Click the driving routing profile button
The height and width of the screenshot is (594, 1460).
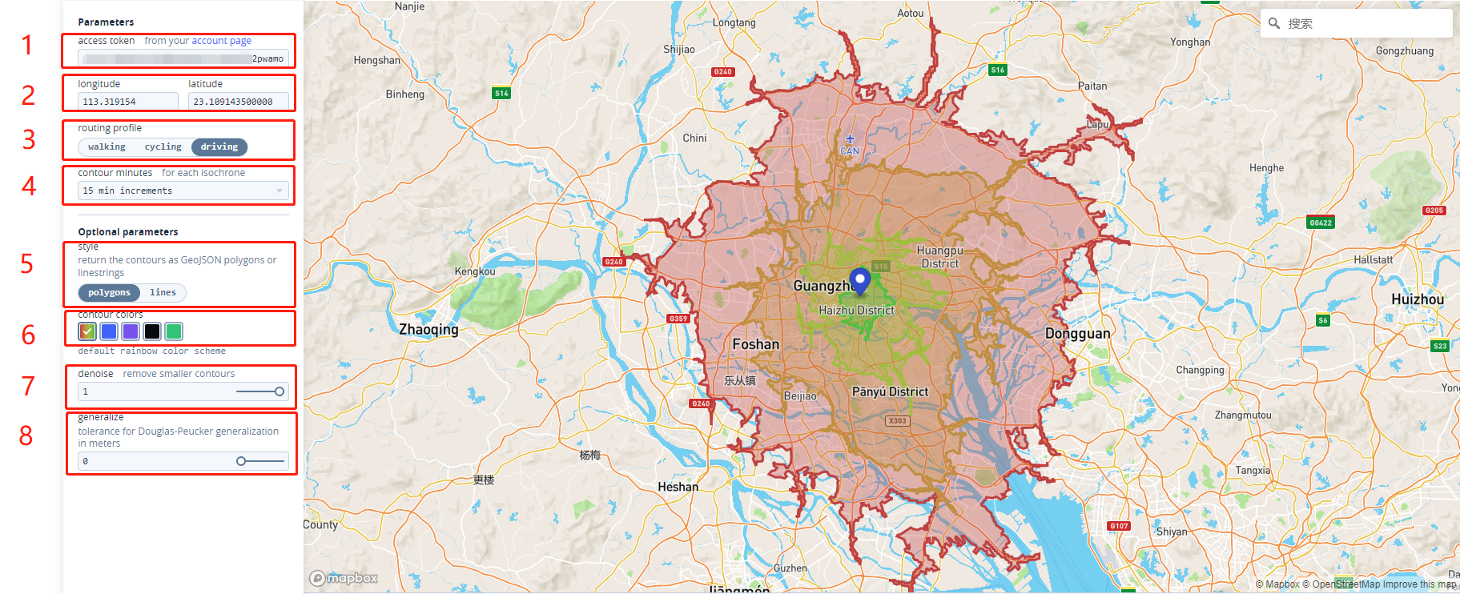tap(219, 147)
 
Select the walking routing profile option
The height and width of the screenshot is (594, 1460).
tap(107, 147)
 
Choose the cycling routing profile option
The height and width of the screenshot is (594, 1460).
tap(163, 147)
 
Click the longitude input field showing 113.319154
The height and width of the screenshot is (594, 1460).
tap(127, 102)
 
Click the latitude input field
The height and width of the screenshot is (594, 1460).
tap(238, 102)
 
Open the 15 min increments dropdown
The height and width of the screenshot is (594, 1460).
tap(183, 191)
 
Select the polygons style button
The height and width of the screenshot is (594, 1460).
tap(109, 293)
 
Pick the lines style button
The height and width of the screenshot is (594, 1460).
tap(163, 293)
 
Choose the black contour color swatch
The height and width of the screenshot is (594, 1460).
tap(152, 331)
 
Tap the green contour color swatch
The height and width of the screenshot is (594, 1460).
tap(174, 331)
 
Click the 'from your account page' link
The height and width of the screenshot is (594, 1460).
tap(198, 41)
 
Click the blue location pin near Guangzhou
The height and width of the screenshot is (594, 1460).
tap(859, 280)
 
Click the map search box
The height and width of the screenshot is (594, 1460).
tap(1361, 23)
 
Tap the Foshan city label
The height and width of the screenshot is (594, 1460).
tap(755, 344)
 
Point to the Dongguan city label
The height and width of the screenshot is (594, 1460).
tap(1077, 334)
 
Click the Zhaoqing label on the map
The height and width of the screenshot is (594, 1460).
tap(428, 330)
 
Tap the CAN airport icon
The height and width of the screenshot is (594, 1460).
tap(850, 139)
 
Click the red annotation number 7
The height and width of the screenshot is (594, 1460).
tap(28, 387)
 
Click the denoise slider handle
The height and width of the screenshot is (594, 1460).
tap(280, 391)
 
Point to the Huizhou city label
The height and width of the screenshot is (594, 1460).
tap(1417, 299)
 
